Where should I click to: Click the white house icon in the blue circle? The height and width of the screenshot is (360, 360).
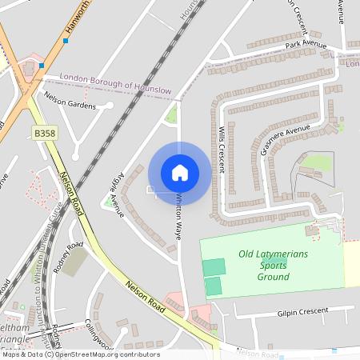[180, 172]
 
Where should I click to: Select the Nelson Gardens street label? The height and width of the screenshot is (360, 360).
[70, 105]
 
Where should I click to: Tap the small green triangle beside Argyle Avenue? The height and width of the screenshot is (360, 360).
[110, 202]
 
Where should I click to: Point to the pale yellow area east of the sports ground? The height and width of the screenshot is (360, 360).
[351, 263]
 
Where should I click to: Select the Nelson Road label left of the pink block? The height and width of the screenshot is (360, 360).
[144, 296]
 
